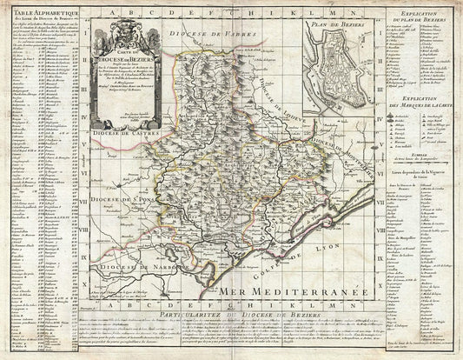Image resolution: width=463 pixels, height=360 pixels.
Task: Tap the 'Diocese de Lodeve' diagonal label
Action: click(281, 123)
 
